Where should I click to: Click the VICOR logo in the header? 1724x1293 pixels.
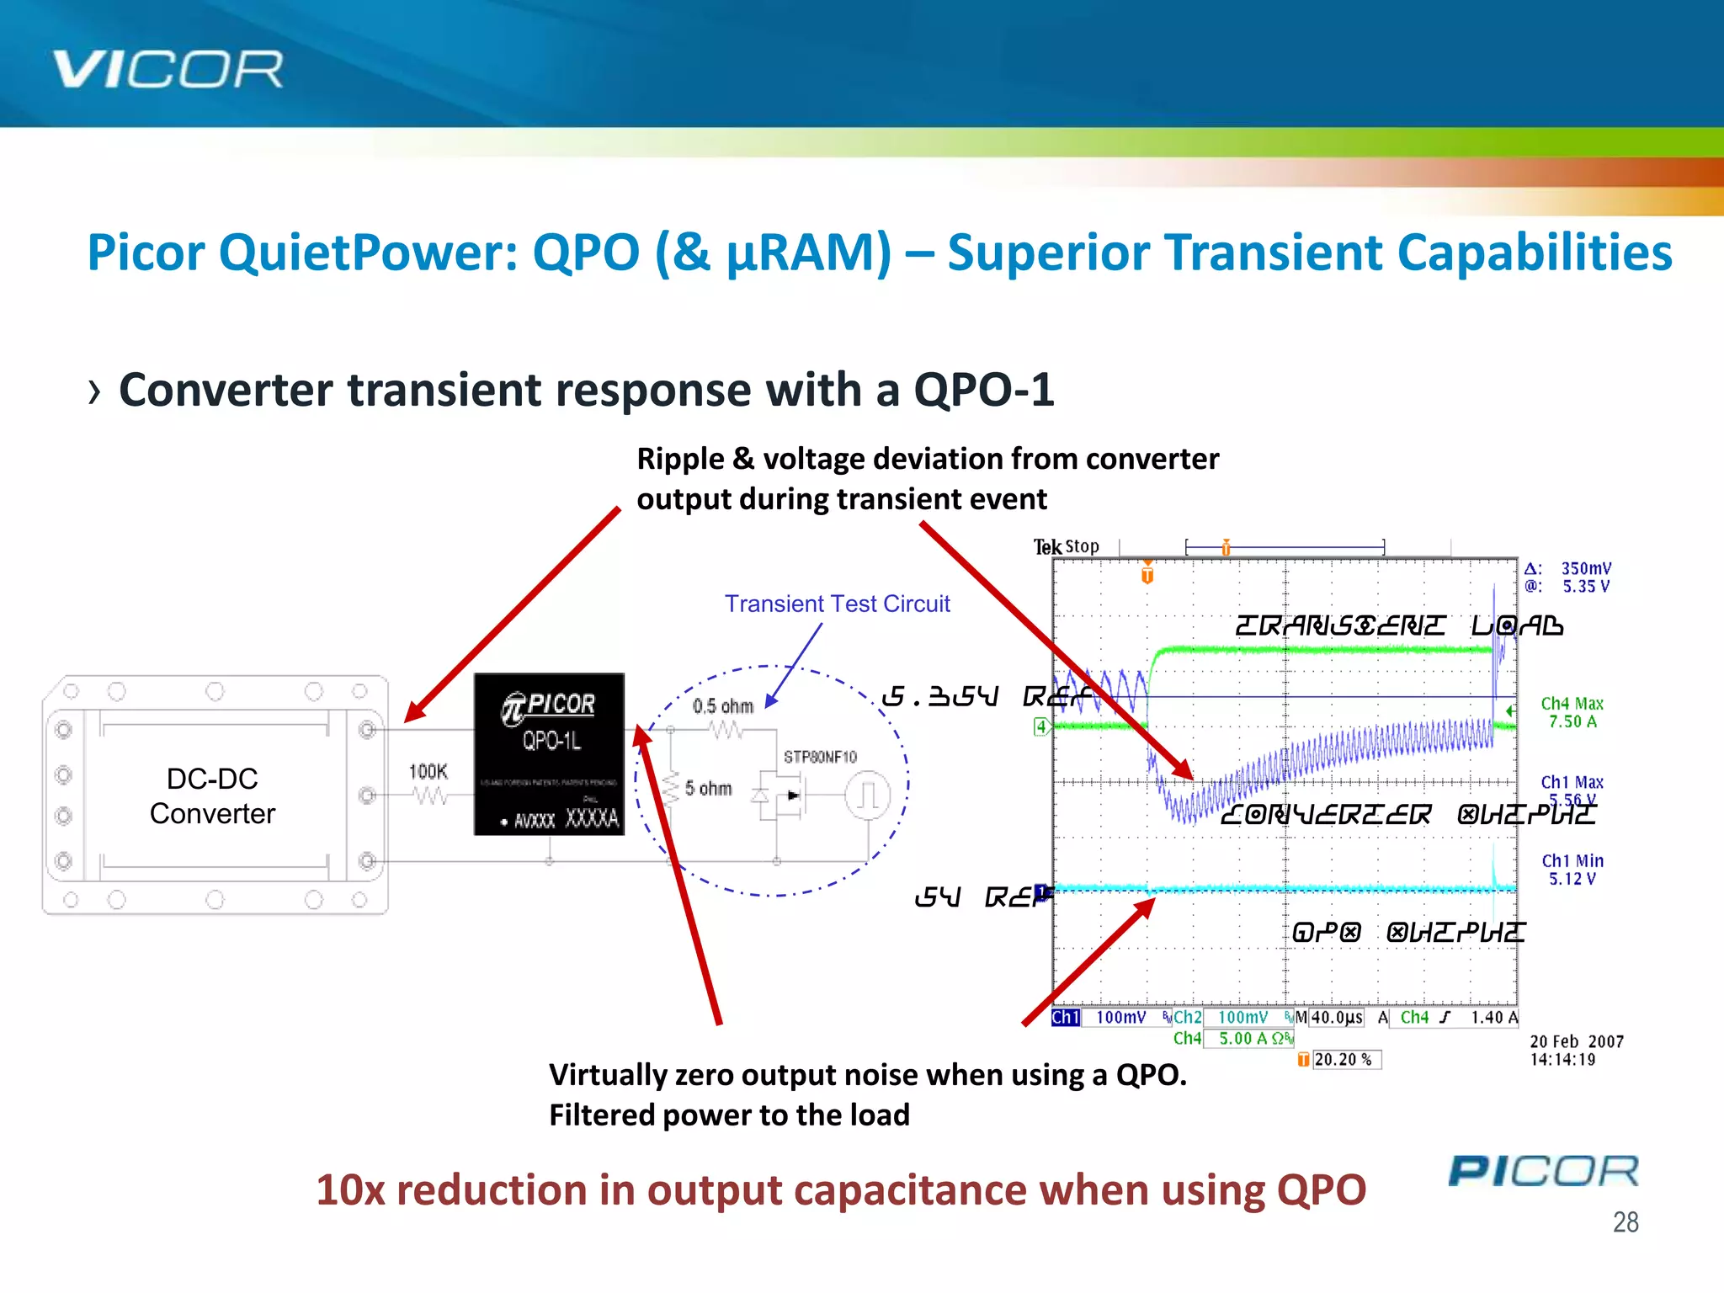point(168,69)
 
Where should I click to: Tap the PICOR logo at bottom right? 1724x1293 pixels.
point(1543,1171)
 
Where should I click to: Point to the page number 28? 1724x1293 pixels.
point(1625,1221)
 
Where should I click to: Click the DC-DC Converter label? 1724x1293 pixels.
point(212,795)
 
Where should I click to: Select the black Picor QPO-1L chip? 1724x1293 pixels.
point(549,753)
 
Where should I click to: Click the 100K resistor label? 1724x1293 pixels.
point(428,772)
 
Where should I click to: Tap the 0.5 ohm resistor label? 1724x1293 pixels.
point(722,706)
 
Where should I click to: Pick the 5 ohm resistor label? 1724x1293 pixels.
point(708,789)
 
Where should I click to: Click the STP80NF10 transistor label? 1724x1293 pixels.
point(820,757)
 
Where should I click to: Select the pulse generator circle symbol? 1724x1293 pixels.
point(868,795)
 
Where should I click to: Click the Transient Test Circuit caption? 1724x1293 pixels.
point(837,604)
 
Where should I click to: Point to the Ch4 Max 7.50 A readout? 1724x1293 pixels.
point(1572,712)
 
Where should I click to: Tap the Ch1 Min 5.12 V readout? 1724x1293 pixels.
point(1572,870)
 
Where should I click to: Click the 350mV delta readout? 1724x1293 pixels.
point(1586,569)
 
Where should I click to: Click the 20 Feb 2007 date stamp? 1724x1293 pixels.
point(1576,1041)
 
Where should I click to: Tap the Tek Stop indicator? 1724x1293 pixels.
point(1066,547)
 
